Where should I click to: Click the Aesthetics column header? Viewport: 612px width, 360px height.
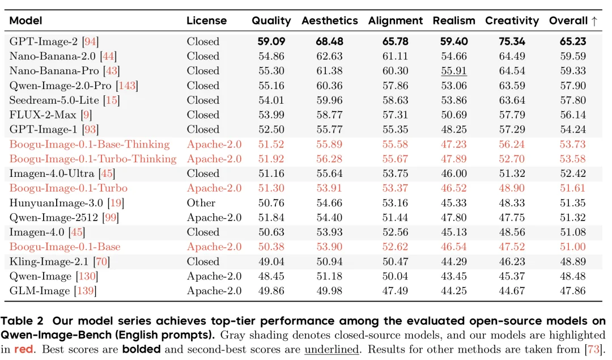pos(329,21)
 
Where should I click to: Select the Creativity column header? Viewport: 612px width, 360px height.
pos(512,21)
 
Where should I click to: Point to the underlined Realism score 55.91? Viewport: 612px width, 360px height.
pos(454,71)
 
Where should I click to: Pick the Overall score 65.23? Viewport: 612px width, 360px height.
pos(573,41)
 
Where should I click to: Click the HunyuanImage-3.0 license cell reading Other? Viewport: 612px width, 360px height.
pos(201,202)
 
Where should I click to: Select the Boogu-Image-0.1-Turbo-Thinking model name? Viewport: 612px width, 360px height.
pos(93,159)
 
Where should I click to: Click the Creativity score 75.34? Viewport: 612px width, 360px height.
pos(512,41)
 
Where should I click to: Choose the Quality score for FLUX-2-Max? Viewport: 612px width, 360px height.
pos(271,115)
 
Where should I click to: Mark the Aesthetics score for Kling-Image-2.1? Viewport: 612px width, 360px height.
pos(329,261)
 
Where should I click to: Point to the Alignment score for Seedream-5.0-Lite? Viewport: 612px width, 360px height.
pos(396,100)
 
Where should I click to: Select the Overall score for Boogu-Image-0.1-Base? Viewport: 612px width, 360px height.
pos(573,247)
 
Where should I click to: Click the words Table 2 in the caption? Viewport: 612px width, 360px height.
pos(22,321)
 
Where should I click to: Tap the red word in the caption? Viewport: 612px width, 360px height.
pos(24,349)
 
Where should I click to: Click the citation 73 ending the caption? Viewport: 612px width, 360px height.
pos(594,349)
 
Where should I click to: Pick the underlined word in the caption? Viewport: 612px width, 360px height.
pos(331,349)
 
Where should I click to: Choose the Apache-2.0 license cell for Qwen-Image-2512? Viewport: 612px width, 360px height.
pos(214,218)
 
